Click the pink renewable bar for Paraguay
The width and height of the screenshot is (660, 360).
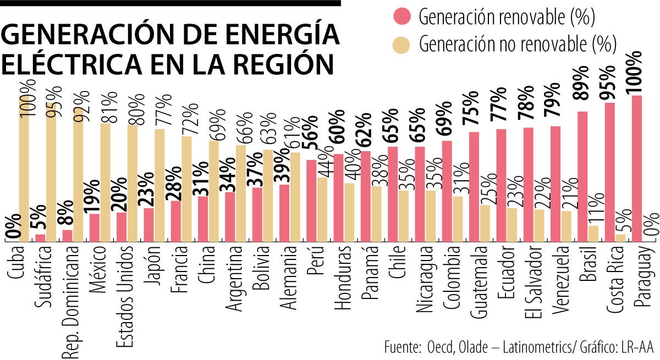[x=637, y=168]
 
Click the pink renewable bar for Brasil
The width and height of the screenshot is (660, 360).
[x=583, y=176]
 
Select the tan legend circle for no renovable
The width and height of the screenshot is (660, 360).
[x=404, y=43]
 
